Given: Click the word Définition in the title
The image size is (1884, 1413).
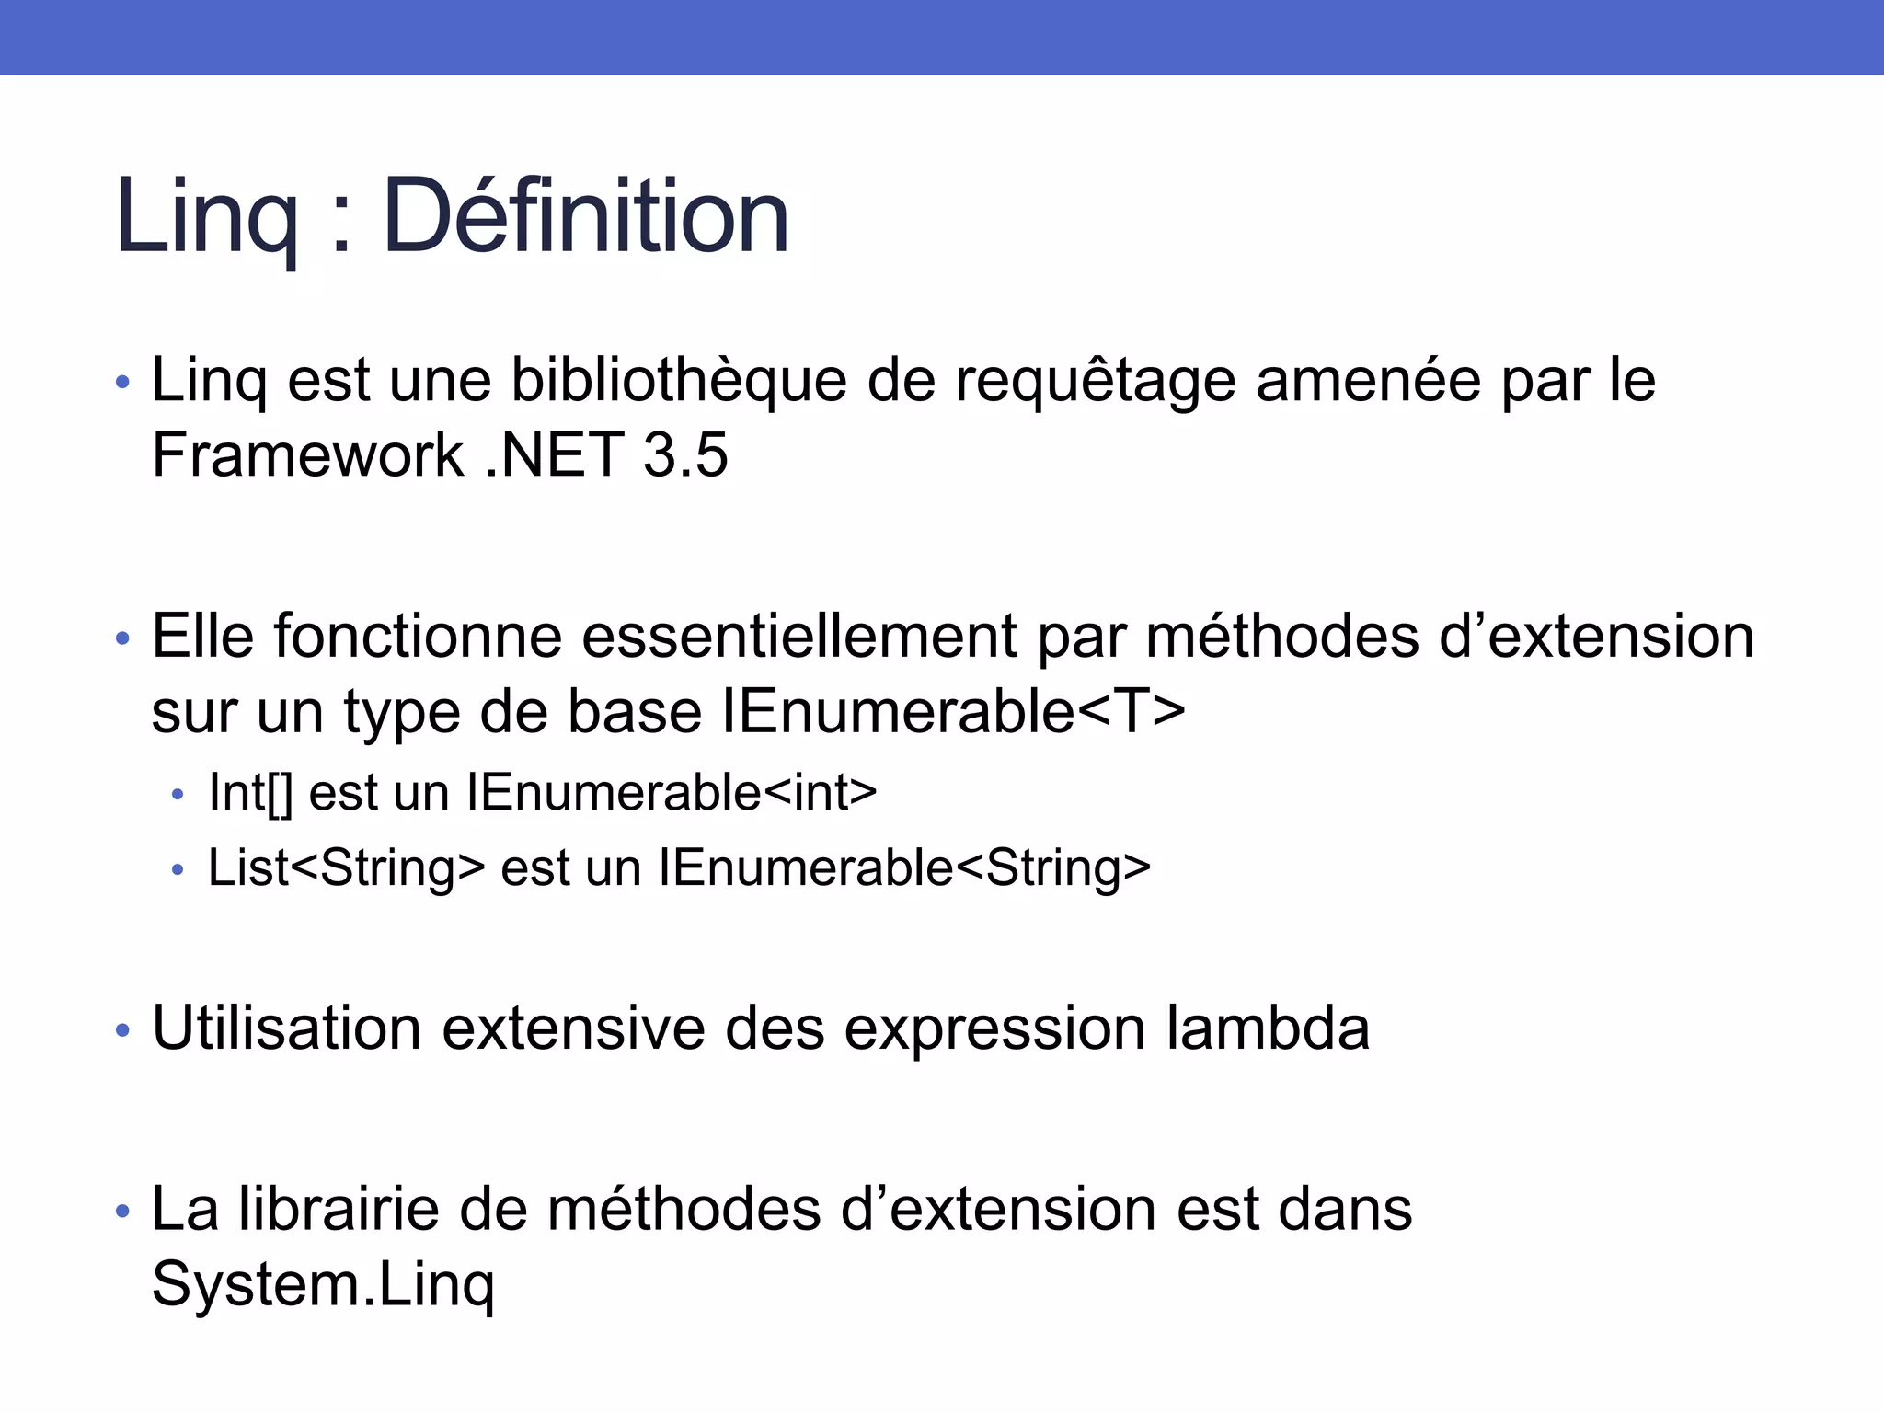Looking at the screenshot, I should tap(586, 217).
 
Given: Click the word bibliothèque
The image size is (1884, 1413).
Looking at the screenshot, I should tap(679, 380).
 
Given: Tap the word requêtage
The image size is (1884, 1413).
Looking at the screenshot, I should tap(1095, 382).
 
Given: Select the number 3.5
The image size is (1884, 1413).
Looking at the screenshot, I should tap(685, 454).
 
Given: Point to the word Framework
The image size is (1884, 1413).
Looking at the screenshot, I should tap(307, 454).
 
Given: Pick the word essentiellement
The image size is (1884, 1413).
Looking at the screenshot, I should tap(799, 637).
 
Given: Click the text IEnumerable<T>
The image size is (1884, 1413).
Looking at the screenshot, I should tap(954, 711).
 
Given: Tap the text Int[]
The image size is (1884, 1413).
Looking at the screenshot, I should tap(250, 793).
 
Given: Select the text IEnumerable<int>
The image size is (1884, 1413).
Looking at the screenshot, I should tap(672, 793).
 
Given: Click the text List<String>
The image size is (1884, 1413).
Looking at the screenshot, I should tap(346, 867).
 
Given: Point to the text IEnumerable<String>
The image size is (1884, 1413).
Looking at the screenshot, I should tap(904, 867).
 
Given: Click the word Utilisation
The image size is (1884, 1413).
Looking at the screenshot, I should tap(286, 1028).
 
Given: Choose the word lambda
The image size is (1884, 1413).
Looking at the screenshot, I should tap(1269, 1028).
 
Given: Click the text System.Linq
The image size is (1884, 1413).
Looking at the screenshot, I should tap(323, 1284).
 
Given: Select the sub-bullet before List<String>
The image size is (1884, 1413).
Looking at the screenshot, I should tap(178, 870).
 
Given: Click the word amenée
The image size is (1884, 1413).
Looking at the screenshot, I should tap(1368, 380).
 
